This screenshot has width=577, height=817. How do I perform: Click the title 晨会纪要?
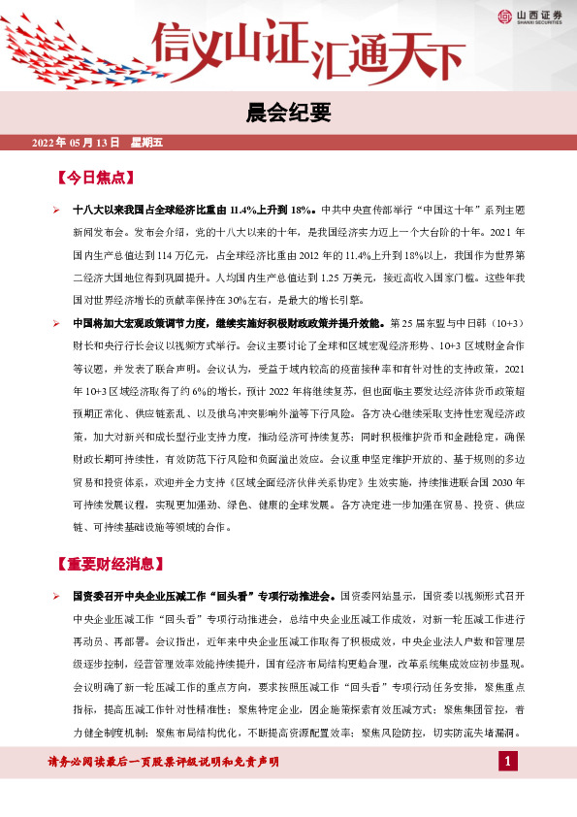tap(288, 112)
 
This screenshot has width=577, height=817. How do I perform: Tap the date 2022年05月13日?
tap(76, 143)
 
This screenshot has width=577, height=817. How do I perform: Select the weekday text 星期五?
tap(145, 143)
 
